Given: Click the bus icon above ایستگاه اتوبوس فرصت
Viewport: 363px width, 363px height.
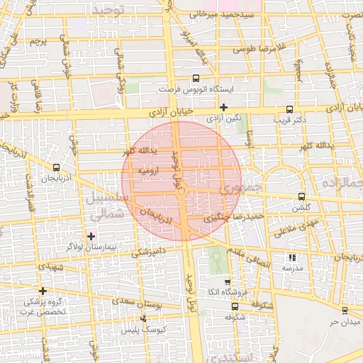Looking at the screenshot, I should tap(196, 79).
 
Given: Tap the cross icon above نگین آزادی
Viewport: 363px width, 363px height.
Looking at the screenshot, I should tap(223, 107).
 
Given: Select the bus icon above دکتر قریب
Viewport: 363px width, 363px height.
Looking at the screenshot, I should tap(289, 109).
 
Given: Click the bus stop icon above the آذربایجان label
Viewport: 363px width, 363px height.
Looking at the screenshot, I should tap(56, 167).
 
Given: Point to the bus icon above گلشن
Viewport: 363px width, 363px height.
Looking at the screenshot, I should tap(301, 196).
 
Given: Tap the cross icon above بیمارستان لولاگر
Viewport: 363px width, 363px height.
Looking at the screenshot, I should tap(91, 235).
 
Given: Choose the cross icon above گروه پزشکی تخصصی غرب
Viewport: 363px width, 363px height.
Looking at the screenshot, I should tap(43, 291).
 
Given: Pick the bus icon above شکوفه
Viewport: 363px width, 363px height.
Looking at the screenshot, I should tap(235, 306).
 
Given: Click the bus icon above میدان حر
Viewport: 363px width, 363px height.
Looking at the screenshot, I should tap(345, 311).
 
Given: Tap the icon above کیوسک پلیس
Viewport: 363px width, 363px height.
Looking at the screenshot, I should tap(144, 320).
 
